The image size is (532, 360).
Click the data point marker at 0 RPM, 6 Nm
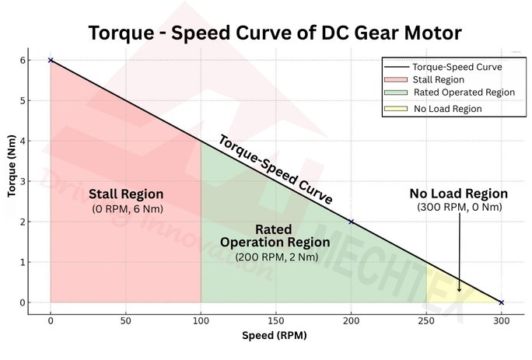pyautogui.click(x=51, y=60)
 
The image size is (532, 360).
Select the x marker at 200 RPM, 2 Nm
pyautogui.click(x=351, y=222)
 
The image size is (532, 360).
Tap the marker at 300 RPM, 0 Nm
pyautogui.click(x=501, y=302)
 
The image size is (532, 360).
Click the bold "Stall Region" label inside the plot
pyautogui.click(x=126, y=194)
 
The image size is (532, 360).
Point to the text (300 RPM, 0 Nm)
pyautogui.click(x=459, y=207)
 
